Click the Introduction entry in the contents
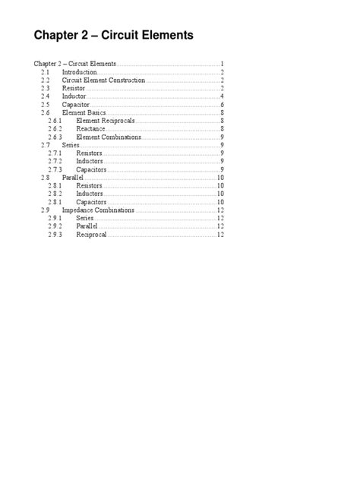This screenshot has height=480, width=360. coord(79,71)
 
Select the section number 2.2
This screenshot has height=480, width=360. coord(45,80)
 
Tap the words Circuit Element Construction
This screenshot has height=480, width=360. coord(103,80)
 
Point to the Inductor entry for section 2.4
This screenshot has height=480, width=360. coord(74,96)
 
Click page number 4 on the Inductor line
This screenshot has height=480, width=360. coord(221,96)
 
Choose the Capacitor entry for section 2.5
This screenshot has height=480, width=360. coord(77,105)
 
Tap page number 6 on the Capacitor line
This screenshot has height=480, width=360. coord(221,105)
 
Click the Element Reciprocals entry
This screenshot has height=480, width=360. coord(106,121)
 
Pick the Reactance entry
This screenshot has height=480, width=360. coord(91,129)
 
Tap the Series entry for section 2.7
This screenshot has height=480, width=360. coord(71,145)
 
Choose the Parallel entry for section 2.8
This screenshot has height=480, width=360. coord(73,177)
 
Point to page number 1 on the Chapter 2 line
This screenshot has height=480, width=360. coord(221,63)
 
